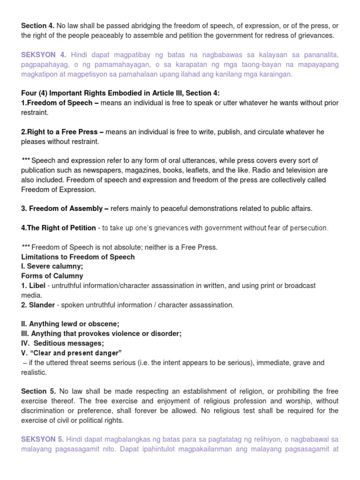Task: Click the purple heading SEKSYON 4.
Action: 44,55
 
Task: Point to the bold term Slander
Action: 41,305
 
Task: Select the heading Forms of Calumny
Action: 52,276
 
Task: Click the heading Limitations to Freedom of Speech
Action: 78,256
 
